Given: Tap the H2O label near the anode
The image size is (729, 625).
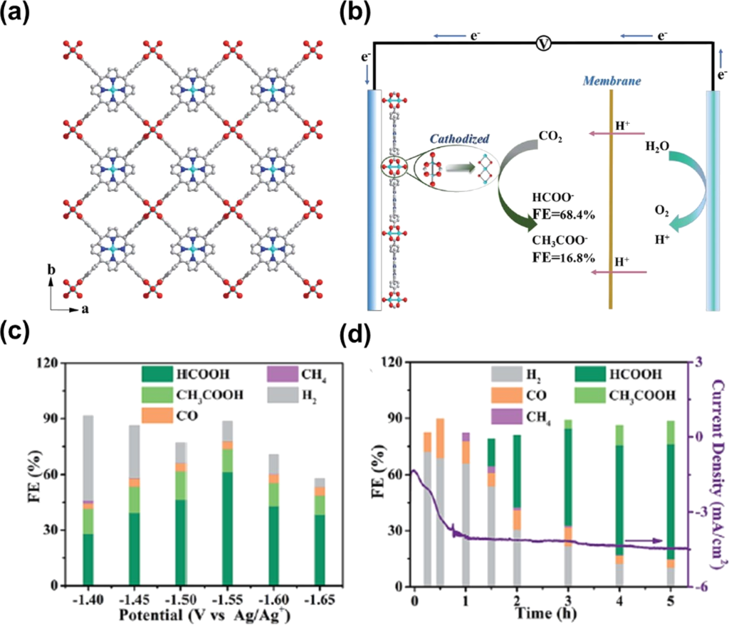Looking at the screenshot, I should pos(658,146).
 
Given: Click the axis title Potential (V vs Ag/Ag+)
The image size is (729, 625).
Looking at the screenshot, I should pos(181,613).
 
